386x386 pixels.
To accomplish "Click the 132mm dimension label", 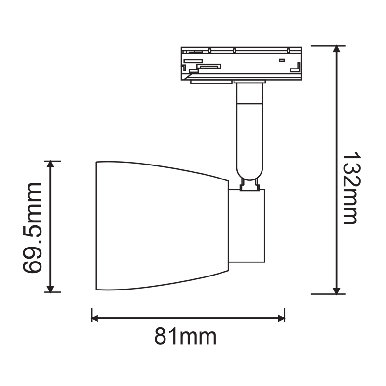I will [x=351, y=189].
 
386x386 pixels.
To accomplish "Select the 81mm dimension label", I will [x=186, y=336].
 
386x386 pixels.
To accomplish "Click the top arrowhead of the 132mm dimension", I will [x=337, y=50].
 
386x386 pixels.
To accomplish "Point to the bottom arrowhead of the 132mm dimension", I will [x=337, y=289].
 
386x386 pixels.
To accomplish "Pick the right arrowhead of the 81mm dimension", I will [x=280, y=318].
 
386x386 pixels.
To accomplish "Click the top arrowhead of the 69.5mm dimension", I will [x=50, y=165].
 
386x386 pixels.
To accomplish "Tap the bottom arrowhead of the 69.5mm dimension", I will [x=50, y=288].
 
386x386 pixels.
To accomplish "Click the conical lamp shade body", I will [x=159, y=226].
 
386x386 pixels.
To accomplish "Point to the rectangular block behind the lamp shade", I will [x=247, y=226].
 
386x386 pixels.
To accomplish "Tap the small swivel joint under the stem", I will [x=250, y=185].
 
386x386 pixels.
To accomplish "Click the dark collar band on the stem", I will [x=250, y=103].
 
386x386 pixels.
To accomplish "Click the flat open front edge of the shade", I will [x=96, y=226].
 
